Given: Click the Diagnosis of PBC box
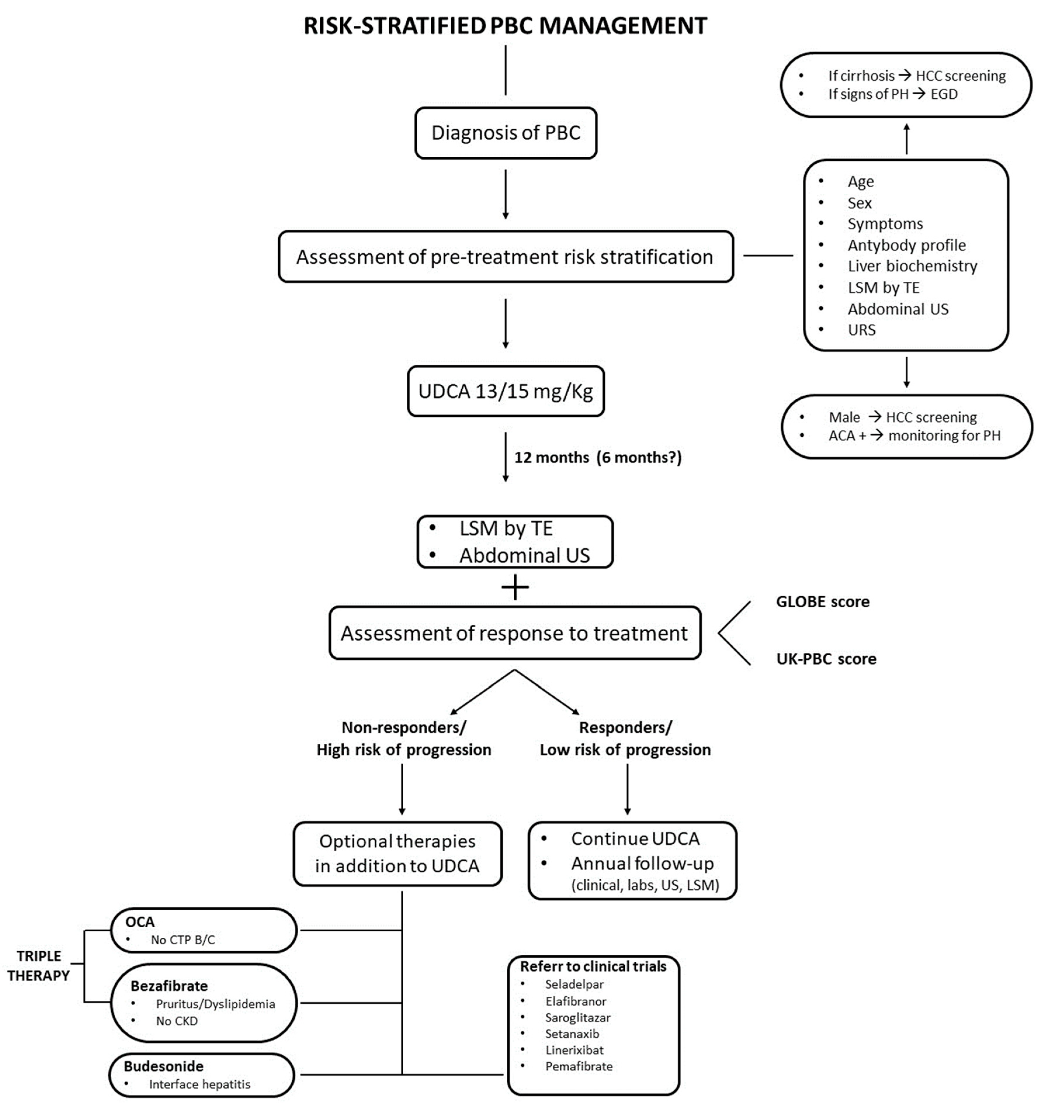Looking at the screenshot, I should [x=506, y=133].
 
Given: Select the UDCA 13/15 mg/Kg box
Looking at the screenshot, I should [x=506, y=391].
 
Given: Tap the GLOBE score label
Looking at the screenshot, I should [x=822, y=602].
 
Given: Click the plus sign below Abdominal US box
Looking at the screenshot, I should [x=515, y=588].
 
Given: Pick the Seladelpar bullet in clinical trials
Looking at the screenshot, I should [x=574, y=984].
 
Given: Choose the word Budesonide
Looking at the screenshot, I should [x=164, y=1066].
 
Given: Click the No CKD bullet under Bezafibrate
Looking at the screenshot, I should [x=176, y=1021].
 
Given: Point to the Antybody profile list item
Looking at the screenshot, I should [x=906, y=245].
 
